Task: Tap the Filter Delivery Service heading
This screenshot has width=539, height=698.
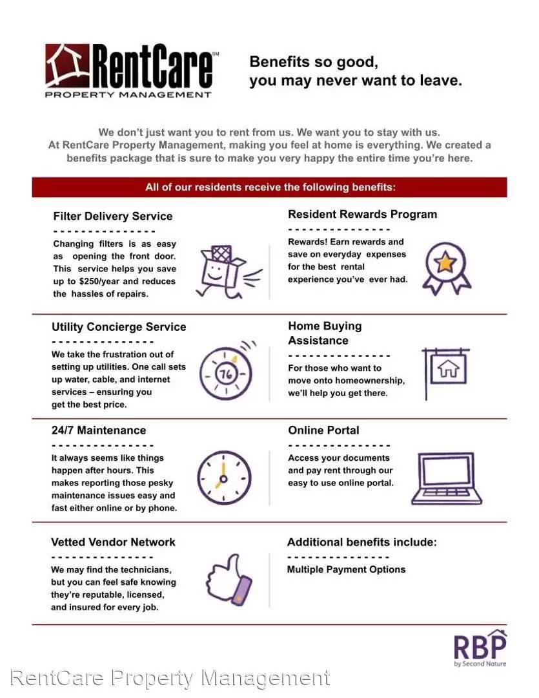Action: pos(112,216)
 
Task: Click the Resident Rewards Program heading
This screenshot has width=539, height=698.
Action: pos(362,214)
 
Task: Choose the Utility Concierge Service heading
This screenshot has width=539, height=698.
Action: pos(119,327)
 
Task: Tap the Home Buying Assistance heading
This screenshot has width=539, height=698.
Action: pos(325,333)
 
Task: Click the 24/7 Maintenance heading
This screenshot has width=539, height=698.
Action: pos(99,430)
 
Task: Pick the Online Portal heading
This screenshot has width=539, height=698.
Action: pos(323,430)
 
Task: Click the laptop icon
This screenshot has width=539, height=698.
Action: pos(447,480)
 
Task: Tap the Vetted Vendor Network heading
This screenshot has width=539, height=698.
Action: pos(113,542)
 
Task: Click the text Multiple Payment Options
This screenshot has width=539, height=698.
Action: pos(346,569)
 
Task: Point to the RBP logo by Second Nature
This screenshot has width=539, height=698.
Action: pos(480,648)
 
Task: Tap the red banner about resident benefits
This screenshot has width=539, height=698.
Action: pos(269,187)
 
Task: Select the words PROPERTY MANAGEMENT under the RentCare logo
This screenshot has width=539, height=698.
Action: pos(128,94)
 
